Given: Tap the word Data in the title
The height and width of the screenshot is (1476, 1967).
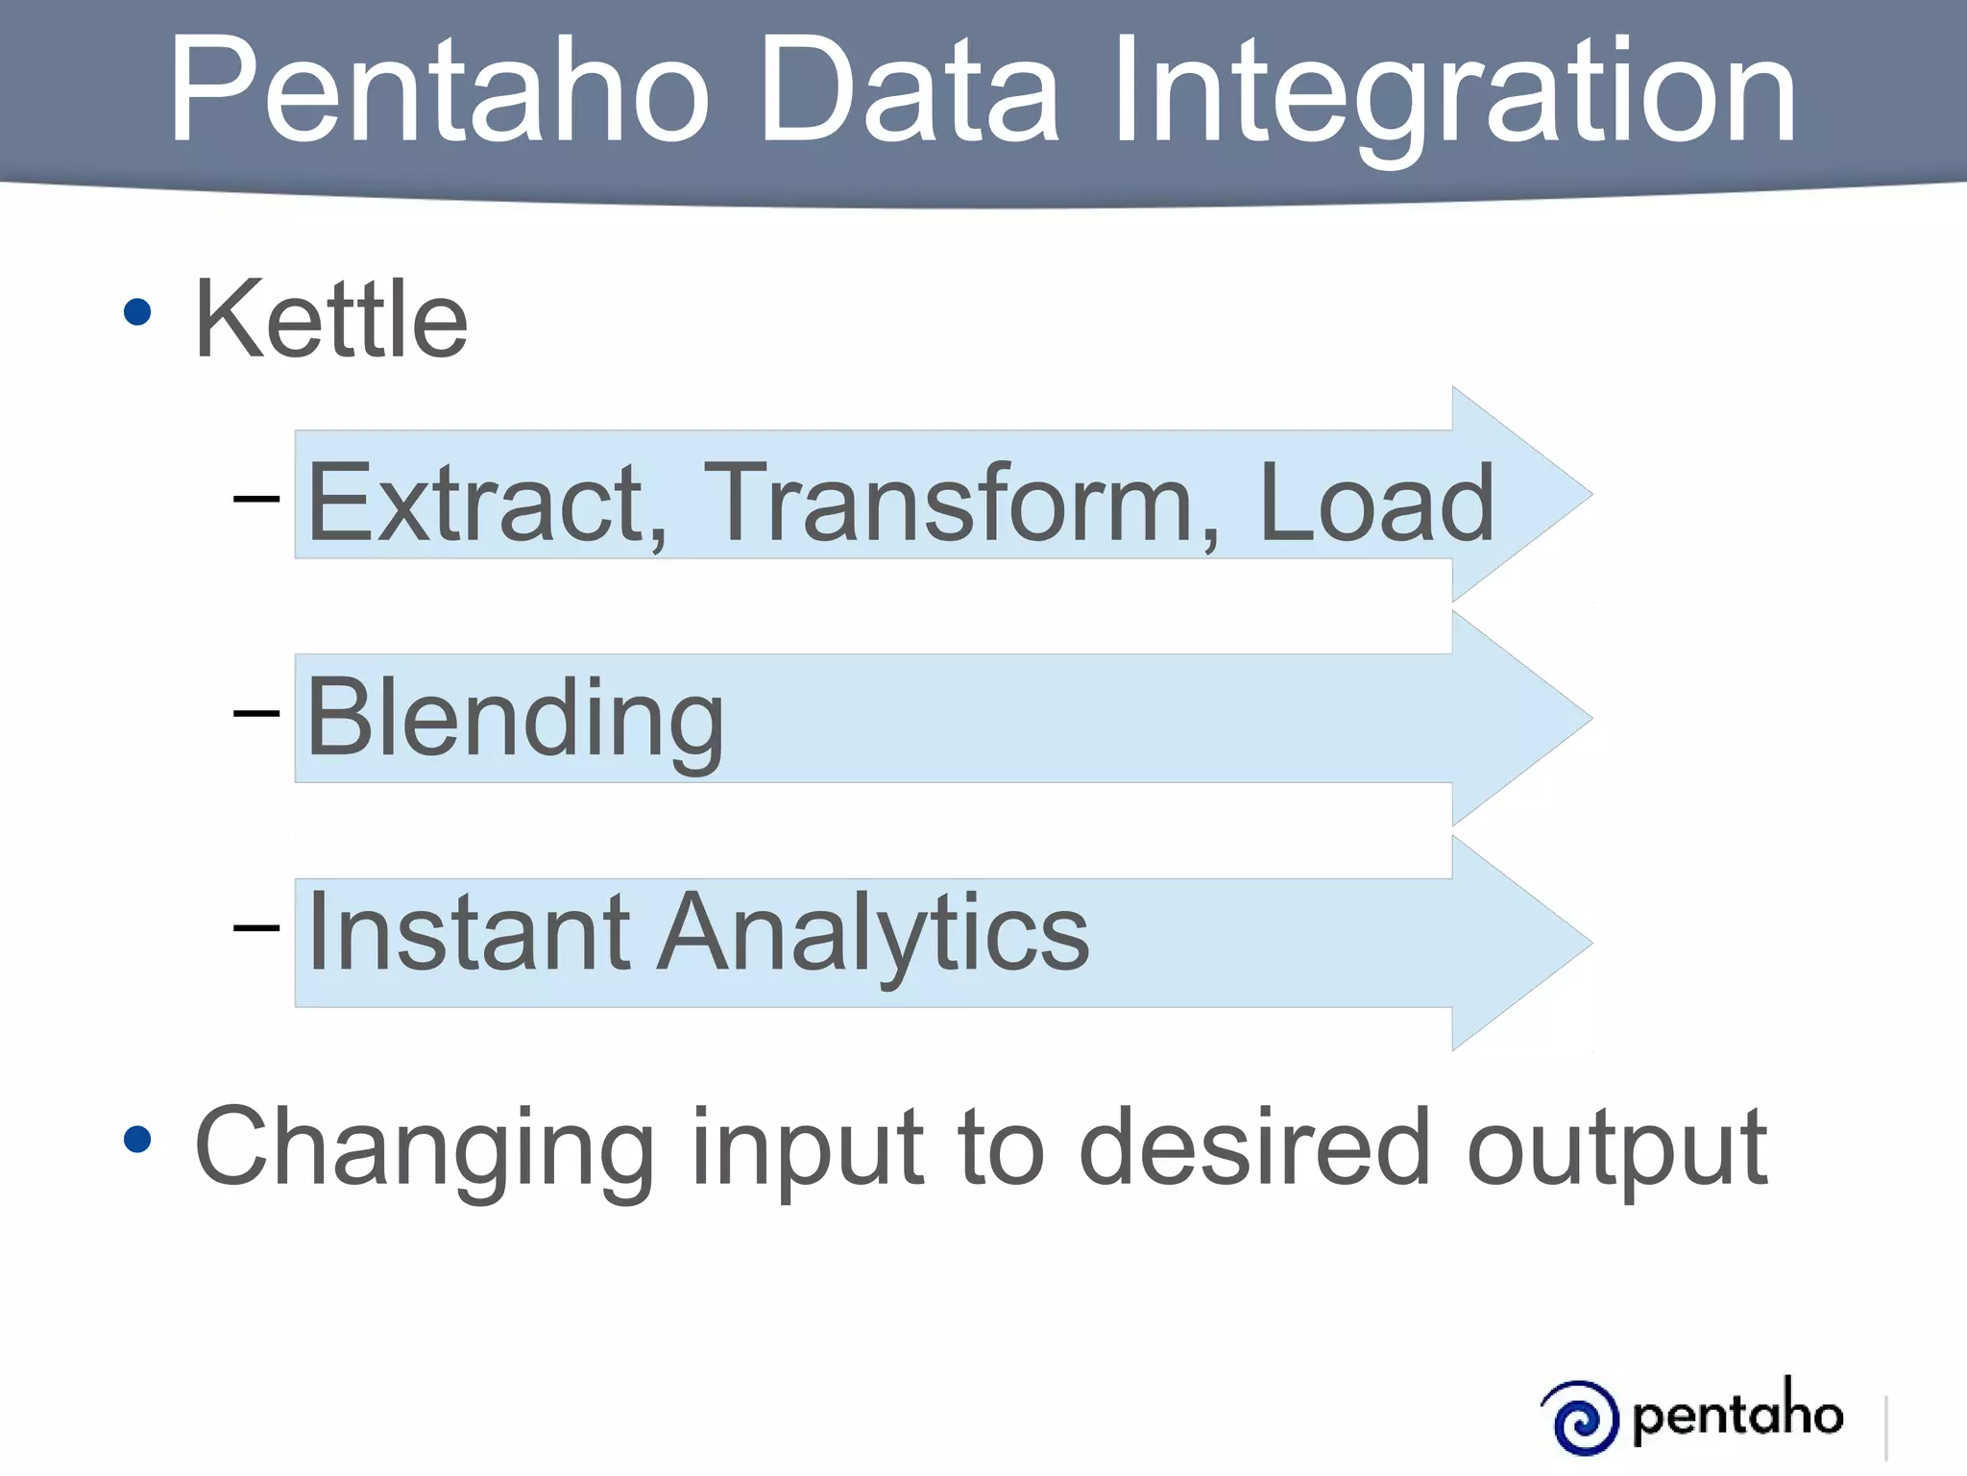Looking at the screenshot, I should [x=908, y=91].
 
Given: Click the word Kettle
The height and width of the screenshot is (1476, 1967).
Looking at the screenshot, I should [x=330, y=319].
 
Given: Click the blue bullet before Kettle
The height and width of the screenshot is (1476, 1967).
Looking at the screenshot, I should [x=137, y=312].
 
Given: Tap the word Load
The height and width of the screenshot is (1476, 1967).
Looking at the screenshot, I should [x=1375, y=503].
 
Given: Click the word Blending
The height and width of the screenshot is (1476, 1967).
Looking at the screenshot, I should [x=515, y=718].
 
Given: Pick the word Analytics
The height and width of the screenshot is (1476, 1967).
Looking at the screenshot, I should [x=873, y=932].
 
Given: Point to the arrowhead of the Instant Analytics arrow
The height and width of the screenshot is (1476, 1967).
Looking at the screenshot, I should [x=1527, y=943].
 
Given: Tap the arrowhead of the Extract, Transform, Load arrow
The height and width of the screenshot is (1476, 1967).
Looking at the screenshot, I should [x=1527, y=495].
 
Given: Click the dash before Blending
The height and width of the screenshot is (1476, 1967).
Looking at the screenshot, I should [x=256, y=713].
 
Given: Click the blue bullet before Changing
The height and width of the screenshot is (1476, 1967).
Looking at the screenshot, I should [x=137, y=1140].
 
